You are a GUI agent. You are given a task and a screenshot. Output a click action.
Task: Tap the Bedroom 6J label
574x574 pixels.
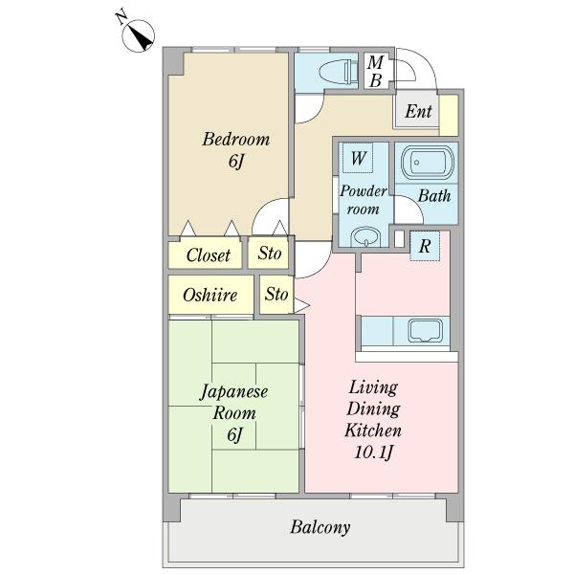click(x=234, y=150)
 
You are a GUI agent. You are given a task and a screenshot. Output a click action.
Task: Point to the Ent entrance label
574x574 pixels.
click(x=418, y=112)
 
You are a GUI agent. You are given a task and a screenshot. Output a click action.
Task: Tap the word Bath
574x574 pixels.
click(x=435, y=197)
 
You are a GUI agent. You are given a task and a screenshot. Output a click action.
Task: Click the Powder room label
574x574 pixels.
click(x=363, y=199)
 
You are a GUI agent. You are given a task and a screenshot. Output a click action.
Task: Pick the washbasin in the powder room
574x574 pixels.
click(x=364, y=236)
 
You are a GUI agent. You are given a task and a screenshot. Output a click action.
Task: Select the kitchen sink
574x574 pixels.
click(x=424, y=330)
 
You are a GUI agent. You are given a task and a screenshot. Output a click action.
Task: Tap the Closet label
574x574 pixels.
click(x=208, y=255)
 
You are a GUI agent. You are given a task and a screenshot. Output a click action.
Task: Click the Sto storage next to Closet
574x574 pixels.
click(x=270, y=254)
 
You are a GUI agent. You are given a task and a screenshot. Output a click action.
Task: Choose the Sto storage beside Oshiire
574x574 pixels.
click(x=276, y=294)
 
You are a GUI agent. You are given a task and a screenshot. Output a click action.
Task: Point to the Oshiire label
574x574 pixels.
click(x=210, y=295)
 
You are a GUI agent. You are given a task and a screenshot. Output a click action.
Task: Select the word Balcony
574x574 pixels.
click(x=320, y=527)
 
